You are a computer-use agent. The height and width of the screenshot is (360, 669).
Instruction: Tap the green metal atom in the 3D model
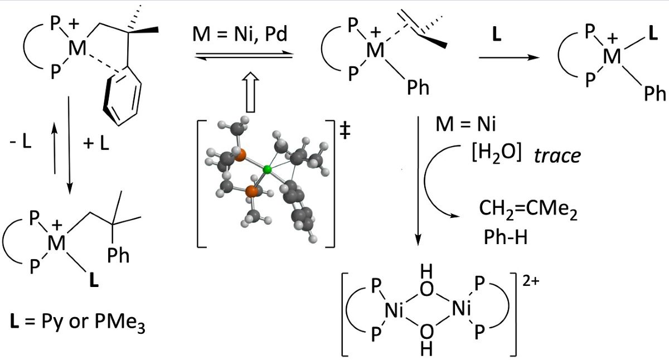point(268,168)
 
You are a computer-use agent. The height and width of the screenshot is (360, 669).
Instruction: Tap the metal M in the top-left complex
point(77,49)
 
